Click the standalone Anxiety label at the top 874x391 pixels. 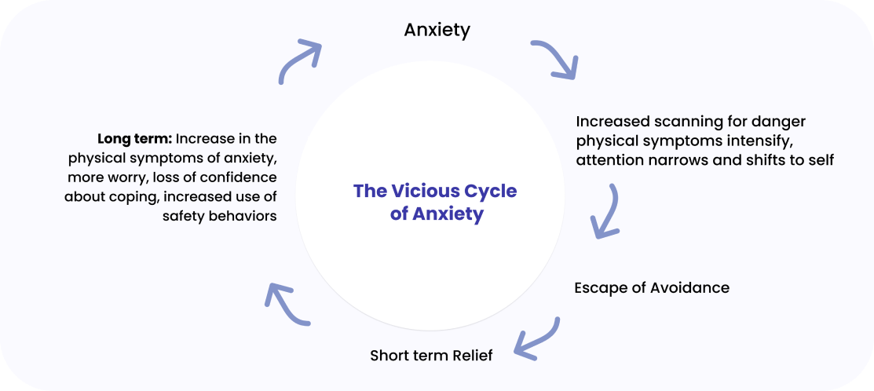pyautogui.click(x=437, y=31)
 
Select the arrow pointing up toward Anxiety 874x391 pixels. pyautogui.click(x=301, y=60)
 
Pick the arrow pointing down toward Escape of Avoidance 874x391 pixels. pyautogui.click(x=607, y=210)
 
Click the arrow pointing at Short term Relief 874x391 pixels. pyautogui.click(x=536, y=336)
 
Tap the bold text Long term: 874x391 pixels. pyautogui.click(x=134, y=139)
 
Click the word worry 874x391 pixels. pyautogui.click(x=126, y=177)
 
